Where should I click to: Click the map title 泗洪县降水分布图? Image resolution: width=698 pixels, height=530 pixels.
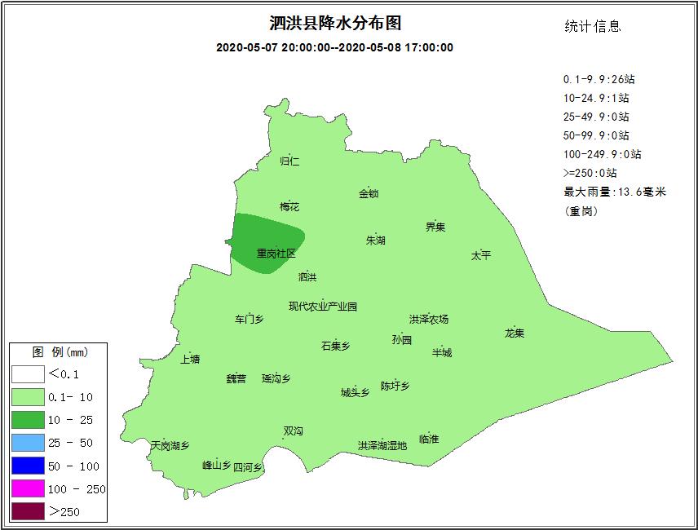coord(335,24)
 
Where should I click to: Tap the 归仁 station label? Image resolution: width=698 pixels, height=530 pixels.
coord(289,161)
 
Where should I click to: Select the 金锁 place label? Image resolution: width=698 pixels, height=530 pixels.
coord(369,193)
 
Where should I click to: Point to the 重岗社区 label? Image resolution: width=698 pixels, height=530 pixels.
coord(276,254)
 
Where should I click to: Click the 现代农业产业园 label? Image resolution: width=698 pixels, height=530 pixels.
coord(323,307)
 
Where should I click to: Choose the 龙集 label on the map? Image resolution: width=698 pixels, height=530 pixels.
coord(515,333)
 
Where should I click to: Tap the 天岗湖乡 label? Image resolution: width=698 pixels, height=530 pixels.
coord(170,445)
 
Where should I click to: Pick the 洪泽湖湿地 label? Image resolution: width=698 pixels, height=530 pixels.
coord(382,445)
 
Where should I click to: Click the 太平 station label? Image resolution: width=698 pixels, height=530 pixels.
coord(481,255)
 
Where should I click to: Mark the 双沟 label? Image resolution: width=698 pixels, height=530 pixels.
coord(293,431)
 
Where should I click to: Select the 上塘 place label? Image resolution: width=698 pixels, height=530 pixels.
coord(190,359)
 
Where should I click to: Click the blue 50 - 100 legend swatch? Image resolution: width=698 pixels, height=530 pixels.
coord(28,466)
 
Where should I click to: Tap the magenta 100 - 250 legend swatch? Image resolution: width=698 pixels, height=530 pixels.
coord(28,489)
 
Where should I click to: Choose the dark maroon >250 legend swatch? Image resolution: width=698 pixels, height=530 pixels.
coord(28,512)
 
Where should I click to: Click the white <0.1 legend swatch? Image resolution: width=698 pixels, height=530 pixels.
coord(28,374)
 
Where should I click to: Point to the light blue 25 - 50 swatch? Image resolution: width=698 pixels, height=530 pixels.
coord(28,444)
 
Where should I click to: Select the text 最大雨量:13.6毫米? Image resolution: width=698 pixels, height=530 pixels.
coord(615,192)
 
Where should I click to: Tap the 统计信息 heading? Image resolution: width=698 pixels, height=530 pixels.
coord(593,26)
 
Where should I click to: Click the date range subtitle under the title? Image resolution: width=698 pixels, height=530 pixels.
coord(334,47)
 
